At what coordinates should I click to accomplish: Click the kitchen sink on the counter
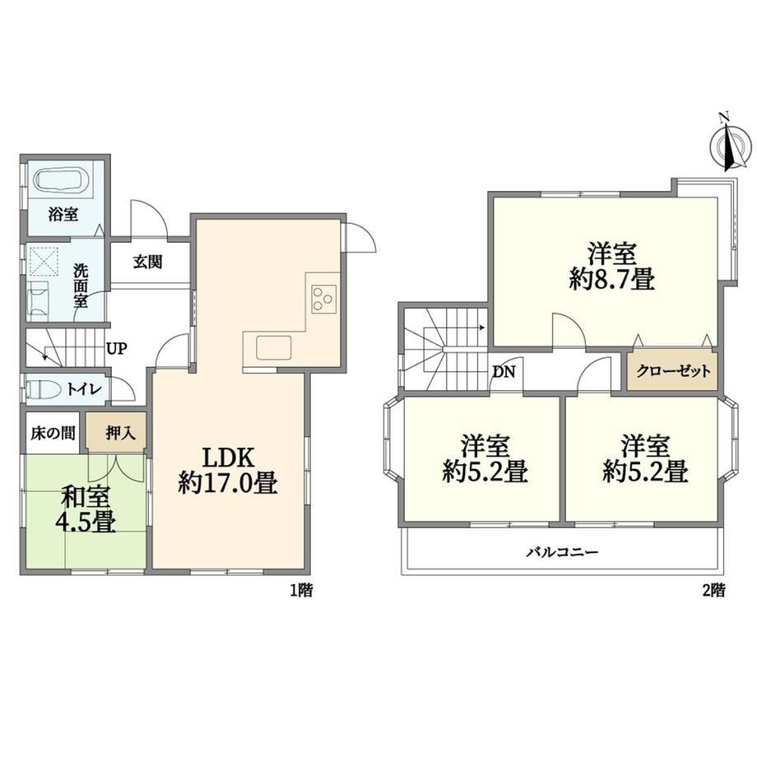(x=274, y=347)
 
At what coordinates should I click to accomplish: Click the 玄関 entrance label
(x=148, y=262)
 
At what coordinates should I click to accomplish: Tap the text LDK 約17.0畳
(x=228, y=470)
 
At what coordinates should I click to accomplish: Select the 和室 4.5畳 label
(x=88, y=509)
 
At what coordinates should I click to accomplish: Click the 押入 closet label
(x=120, y=433)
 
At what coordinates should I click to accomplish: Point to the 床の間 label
(x=53, y=433)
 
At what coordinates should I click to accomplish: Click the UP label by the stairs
(x=117, y=348)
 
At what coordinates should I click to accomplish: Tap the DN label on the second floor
(x=504, y=372)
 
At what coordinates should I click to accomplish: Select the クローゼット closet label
(x=673, y=371)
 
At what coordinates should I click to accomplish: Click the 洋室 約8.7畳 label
(x=611, y=267)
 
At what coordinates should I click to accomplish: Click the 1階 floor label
(x=301, y=590)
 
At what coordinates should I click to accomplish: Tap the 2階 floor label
(x=713, y=590)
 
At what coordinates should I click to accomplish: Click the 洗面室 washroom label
(x=81, y=286)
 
